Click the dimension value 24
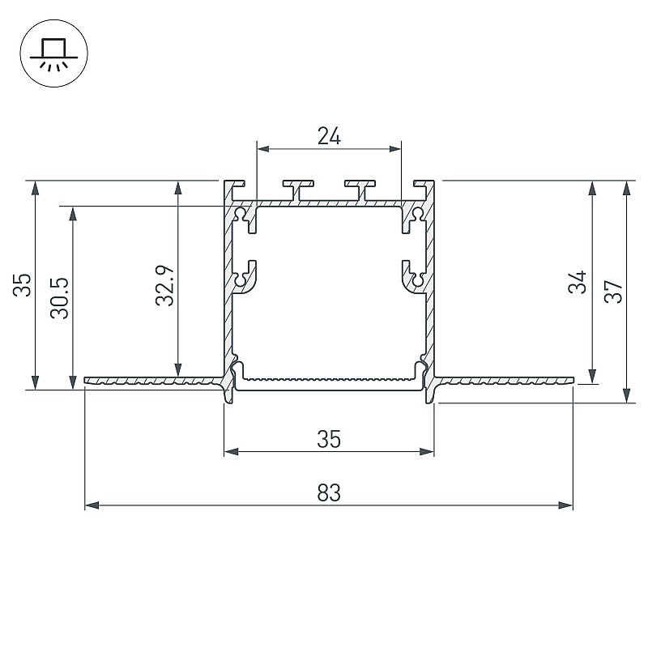click(329, 135)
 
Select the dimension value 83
click(329, 492)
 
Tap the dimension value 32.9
click(165, 285)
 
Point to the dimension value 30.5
click(59, 297)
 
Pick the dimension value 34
click(578, 282)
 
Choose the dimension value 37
click(613, 292)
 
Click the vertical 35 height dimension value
click(23, 285)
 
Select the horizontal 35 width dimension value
click(329, 439)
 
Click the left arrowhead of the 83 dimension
click(92, 505)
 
